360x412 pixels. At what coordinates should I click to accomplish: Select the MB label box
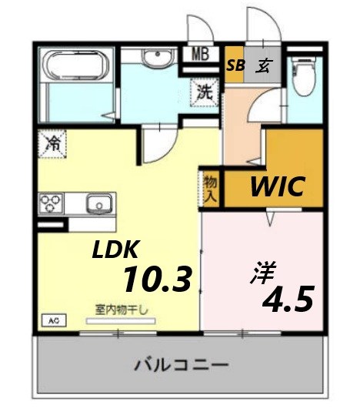[x=201, y=55]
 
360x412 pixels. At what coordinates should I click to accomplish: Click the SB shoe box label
[x=235, y=65]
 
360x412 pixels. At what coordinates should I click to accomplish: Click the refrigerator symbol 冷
[x=53, y=142]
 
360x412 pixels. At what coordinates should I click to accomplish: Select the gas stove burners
[x=54, y=204]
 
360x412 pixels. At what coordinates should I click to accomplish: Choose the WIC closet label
[x=276, y=186]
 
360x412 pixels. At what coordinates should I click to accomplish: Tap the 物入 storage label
[x=210, y=189]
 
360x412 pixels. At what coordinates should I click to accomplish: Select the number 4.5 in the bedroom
[x=288, y=300]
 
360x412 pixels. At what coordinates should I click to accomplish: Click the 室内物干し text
[x=122, y=310]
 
